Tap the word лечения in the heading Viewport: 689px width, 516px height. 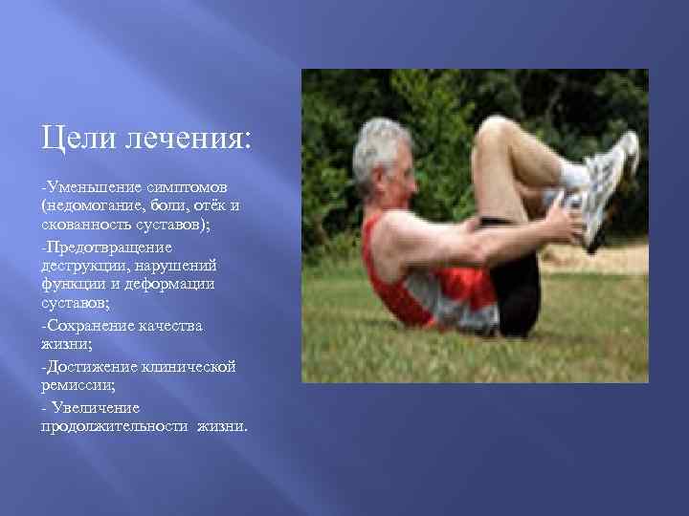pyautogui.click(x=183, y=140)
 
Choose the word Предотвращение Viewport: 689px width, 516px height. pyautogui.click(x=100, y=247)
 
